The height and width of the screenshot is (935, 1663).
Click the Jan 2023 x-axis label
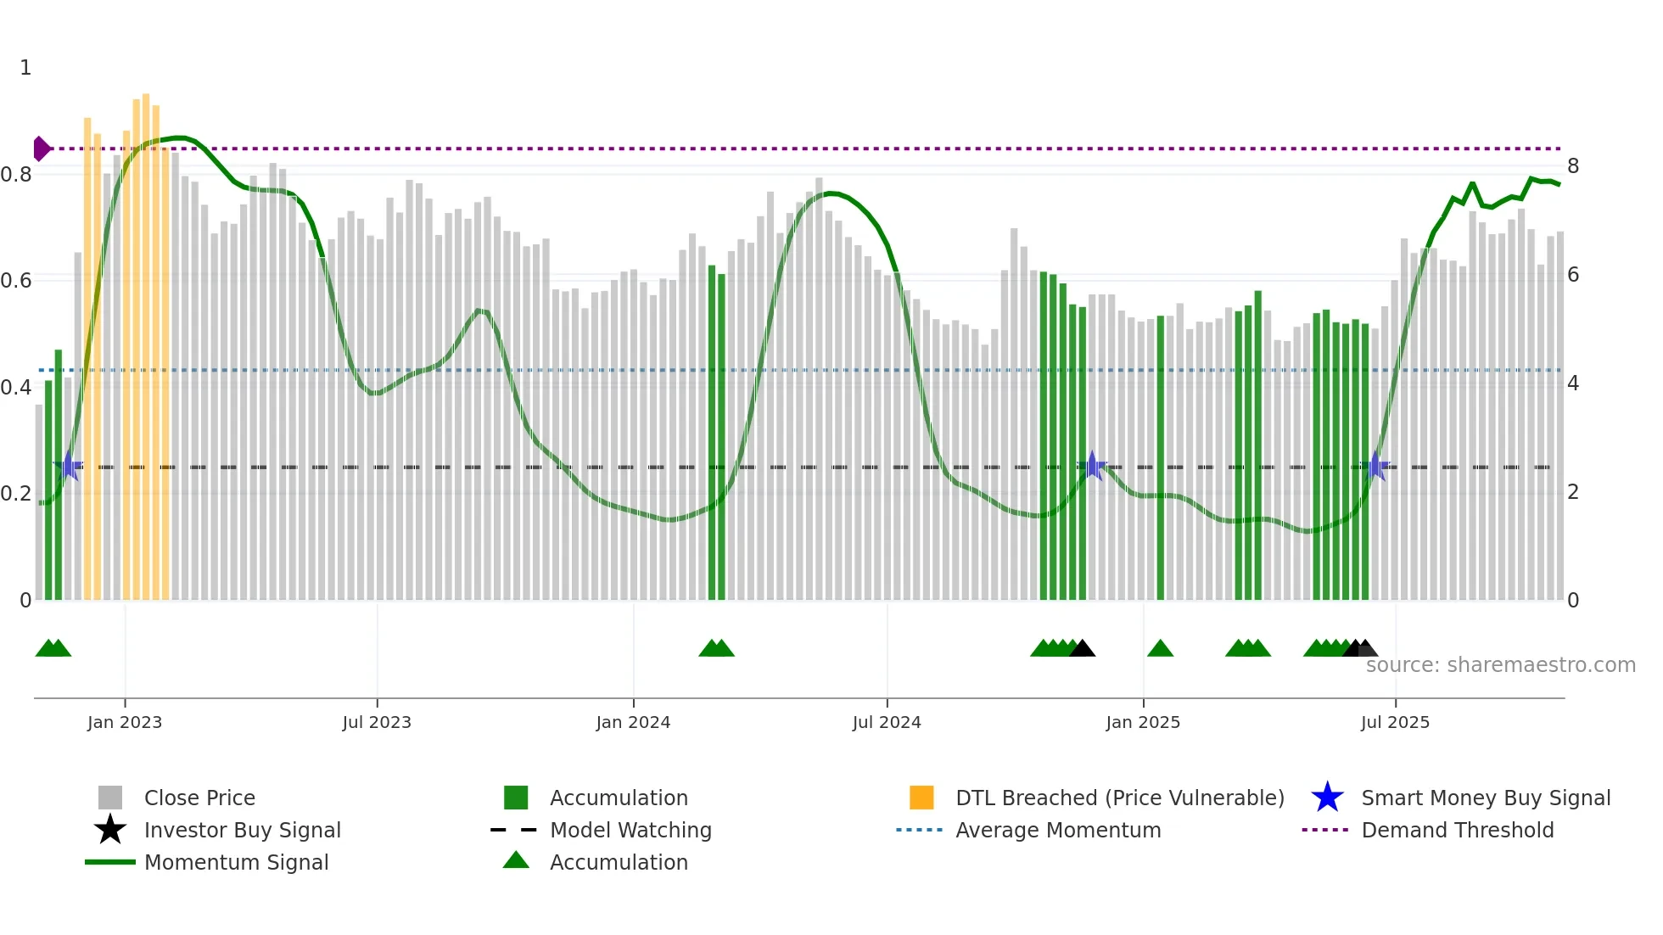point(124,722)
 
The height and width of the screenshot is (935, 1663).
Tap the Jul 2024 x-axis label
point(887,722)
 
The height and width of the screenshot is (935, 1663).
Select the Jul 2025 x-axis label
point(1395,722)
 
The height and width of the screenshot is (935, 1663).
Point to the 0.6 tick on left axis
point(16,281)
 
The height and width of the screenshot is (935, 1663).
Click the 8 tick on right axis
point(1573,166)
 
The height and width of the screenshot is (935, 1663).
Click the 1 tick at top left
point(25,68)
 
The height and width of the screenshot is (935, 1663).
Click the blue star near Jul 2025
point(1376,467)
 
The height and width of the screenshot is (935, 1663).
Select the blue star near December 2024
point(1092,466)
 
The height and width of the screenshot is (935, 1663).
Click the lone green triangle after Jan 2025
point(1160,649)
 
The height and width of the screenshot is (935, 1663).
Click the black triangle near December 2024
point(1082,649)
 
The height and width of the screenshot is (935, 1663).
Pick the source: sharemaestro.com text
point(1500,665)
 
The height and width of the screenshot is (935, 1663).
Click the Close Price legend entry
point(199,798)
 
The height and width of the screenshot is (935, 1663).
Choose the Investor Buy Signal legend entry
point(242,830)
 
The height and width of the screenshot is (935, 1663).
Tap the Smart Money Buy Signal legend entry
point(1485,798)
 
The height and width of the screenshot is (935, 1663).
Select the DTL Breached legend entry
point(1119,798)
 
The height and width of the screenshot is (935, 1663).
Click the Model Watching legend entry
point(630,830)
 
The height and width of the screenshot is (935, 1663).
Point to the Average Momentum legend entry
point(1057,830)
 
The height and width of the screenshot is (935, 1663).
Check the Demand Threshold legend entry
point(1457,830)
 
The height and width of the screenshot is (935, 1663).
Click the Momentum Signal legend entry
point(236,862)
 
